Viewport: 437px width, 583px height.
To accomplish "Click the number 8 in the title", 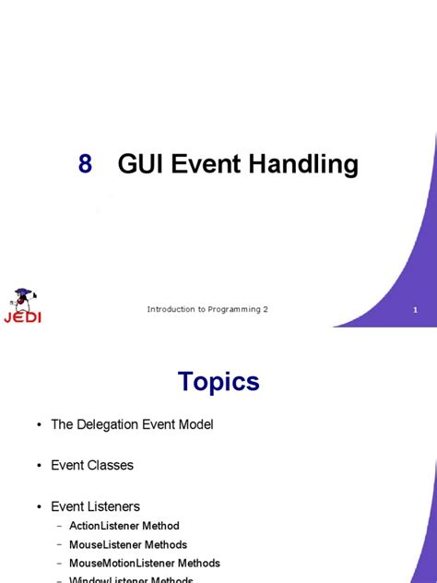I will click(85, 165).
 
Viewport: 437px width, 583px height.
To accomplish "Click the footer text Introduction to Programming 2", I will click(207, 309).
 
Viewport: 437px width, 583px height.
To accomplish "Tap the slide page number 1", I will click(416, 310).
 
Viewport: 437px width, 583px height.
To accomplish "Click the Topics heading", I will click(218, 382).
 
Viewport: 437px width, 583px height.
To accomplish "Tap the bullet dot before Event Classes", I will click(40, 466).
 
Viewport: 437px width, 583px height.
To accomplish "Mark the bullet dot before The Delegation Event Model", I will click(40, 424).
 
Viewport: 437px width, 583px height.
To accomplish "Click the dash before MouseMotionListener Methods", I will click(60, 563).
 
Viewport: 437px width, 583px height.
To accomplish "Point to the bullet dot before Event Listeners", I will click(40, 506).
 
